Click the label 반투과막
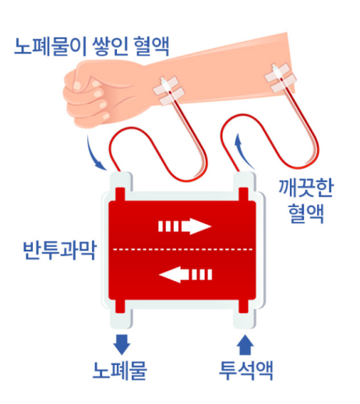pyautogui.click(x=59, y=251)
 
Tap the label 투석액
pyautogui.click(x=246, y=371)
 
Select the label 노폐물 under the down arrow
pyautogui.click(x=120, y=371)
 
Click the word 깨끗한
pyautogui.click(x=305, y=188)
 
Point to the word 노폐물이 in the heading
pyautogui.click(x=50, y=47)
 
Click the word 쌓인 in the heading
pyautogui.click(x=110, y=47)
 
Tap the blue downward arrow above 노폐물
pyautogui.click(x=122, y=345)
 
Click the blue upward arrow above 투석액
pyautogui.click(x=245, y=345)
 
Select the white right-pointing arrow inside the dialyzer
pyautogui.click(x=185, y=227)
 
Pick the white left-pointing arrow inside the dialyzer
pyautogui.click(x=185, y=274)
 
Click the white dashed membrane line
pyautogui.click(x=182, y=250)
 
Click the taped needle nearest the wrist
pyautogui.click(x=169, y=90)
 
